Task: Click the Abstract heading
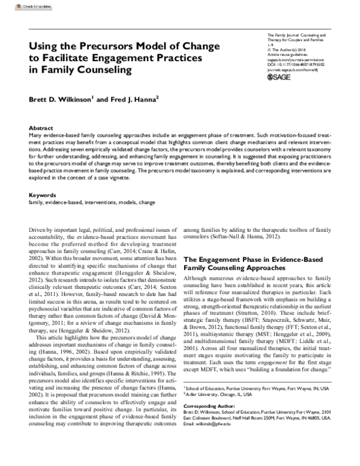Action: [x=41, y=129]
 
